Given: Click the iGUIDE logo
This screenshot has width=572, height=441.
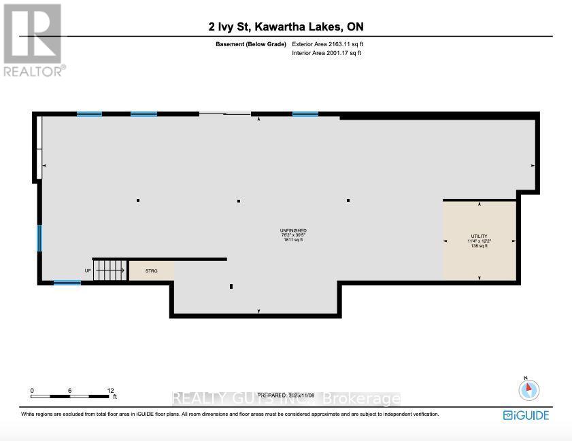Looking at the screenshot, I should (x=526, y=414).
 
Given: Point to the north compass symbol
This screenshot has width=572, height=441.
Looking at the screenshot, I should (x=528, y=389).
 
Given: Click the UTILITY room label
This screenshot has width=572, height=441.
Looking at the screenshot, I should (x=479, y=236).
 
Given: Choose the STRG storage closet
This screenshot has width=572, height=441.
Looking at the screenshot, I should (x=151, y=270).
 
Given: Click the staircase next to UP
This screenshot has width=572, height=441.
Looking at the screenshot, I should (x=109, y=270).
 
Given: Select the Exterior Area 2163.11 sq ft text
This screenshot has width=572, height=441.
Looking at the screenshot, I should (x=333, y=44).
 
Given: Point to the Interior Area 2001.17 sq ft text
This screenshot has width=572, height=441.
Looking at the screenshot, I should (x=326, y=52).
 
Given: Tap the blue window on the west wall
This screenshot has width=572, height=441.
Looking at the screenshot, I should (x=39, y=239).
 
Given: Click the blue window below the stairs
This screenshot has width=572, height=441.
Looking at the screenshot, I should (x=67, y=283).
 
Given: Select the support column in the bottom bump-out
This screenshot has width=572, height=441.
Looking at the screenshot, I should (x=231, y=287).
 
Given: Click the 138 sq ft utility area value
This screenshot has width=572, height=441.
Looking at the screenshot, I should (x=479, y=246).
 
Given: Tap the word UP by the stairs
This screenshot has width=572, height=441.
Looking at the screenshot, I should (x=87, y=270).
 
